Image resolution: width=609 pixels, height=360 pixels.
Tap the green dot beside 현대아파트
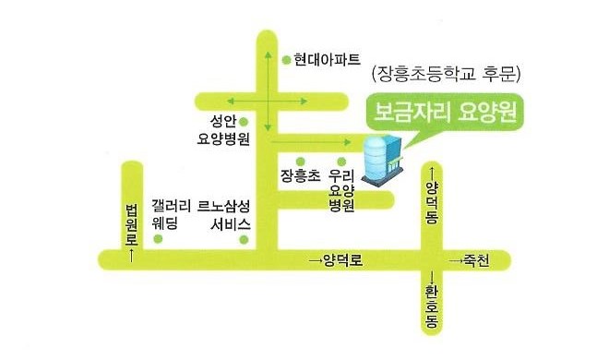(285, 59)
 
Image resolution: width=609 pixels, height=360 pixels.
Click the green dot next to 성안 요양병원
(245, 121)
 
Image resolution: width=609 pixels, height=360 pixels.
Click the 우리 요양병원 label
(342, 189)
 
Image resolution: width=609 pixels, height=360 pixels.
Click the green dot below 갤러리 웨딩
(158, 239)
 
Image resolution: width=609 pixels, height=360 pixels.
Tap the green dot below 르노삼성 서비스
(244, 239)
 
